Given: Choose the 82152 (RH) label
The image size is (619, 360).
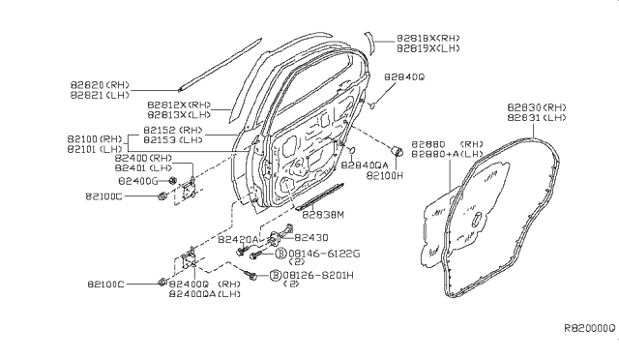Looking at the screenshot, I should point(173,130).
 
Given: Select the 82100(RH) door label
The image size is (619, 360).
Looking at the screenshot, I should point(96,140).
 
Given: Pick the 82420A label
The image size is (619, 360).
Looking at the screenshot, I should point(237,237).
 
